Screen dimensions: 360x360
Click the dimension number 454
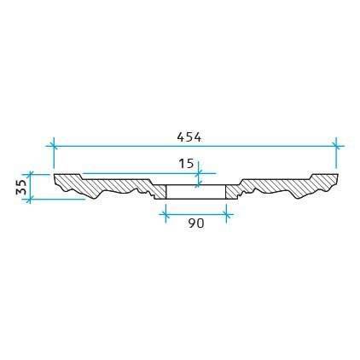(x=189, y=137)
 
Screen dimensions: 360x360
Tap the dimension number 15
(x=186, y=164)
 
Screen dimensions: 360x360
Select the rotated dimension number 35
(x=21, y=187)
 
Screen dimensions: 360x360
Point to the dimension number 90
(x=196, y=224)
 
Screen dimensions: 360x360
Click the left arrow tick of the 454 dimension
(x=54, y=147)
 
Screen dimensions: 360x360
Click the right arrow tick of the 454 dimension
(x=336, y=147)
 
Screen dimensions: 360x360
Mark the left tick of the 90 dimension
(x=165, y=214)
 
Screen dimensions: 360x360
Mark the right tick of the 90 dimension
(x=226, y=214)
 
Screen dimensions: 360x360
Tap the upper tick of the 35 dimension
(x=30, y=174)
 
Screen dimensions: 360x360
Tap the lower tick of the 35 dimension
(x=30, y=199)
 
